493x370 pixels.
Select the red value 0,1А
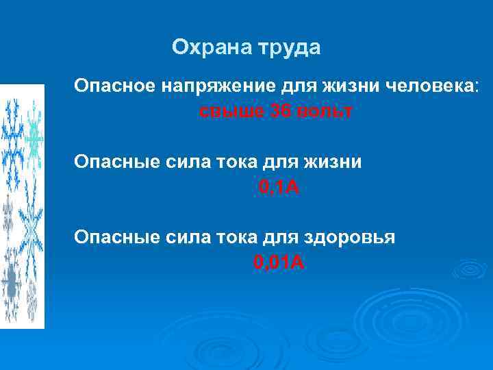[279, 187]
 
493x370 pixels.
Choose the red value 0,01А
[279, 262]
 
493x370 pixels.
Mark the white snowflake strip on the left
[22, 206]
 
